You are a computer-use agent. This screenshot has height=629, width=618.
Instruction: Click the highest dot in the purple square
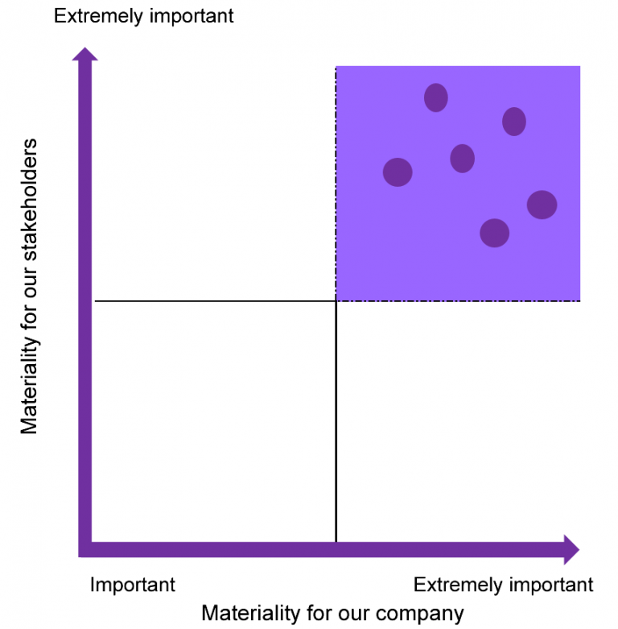click(x=435, y=97)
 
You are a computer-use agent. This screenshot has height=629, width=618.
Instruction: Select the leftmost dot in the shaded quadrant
click(x=398, y=172)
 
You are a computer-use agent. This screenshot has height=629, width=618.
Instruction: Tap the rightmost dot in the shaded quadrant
click(x=542, y=205)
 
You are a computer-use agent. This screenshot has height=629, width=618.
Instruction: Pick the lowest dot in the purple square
click(x=495, y=233)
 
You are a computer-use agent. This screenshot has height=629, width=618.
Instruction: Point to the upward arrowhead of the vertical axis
click(x=84, y=54)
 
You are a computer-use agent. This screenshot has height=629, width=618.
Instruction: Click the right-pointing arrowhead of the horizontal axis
click(x=571, y=549)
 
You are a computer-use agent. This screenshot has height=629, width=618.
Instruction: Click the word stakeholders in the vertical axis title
click(x=30, y=200)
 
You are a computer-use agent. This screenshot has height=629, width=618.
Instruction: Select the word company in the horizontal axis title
click(x=419, y=614)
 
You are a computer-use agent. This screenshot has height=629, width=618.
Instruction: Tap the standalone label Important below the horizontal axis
click(x=132, y=585)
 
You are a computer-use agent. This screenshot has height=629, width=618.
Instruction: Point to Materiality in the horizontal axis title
click(x=250, y=614)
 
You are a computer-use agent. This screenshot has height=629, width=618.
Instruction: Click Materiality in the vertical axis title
click(x=30, y=384)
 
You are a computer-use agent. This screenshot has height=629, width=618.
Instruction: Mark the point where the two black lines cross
click(x=336, y=301)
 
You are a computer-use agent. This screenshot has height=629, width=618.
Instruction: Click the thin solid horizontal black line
click(x=215, y=301)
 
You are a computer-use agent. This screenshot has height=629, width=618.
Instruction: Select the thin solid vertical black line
click(x=336, y=421)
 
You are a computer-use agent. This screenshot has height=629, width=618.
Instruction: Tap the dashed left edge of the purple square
click(x=336, y=184)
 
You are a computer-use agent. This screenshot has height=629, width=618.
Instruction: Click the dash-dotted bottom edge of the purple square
click(x=458, y=301)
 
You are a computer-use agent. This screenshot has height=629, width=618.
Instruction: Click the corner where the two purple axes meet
click(x=84, y=549)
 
